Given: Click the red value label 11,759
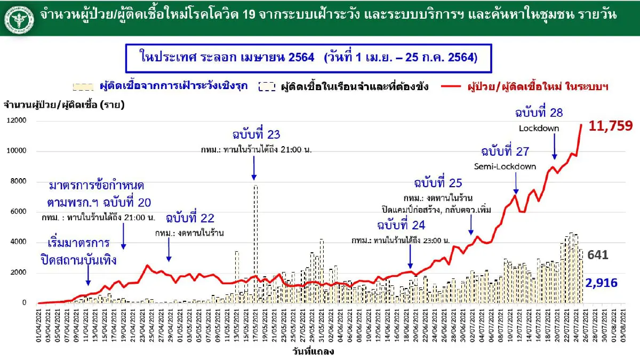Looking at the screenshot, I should coord(611,126).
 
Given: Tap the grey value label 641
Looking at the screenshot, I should coord(598,255).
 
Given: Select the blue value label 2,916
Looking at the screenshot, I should coord(602,283).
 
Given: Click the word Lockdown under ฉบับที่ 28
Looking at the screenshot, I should coord(539,129).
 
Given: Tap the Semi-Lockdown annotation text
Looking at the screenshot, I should coord(509,166).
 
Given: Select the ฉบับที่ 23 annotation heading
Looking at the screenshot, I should coord(256,134).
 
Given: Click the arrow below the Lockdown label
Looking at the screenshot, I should coord(554,146).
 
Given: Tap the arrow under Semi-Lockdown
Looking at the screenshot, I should coord(516,183).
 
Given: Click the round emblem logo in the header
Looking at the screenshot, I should coord(18,18).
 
